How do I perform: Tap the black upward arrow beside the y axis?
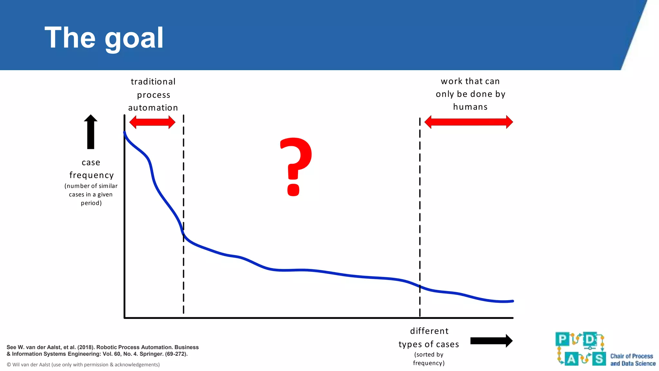91,132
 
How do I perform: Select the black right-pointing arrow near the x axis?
491,341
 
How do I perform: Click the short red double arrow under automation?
152,122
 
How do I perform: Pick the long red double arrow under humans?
469,122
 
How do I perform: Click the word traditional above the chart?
153,82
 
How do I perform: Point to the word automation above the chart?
153,108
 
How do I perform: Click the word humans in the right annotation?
470,107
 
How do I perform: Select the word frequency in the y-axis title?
92,175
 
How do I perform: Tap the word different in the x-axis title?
429,331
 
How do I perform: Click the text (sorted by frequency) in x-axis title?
429,359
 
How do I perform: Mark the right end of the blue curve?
512,301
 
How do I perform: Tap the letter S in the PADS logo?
599,358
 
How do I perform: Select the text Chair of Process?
632,356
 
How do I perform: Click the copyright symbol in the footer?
9,365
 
